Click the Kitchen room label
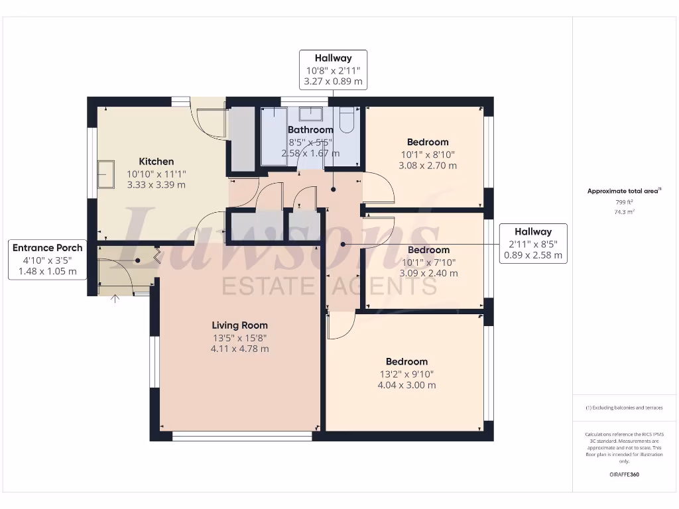click(156, 162)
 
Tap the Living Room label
click(240, 325)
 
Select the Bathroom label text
click(310, 130)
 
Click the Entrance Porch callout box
click(48, 259)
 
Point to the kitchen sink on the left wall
click(106, 174)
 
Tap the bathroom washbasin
click(311, 113)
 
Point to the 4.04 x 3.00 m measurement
click(406, 385)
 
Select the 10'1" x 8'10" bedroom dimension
click(428, 154)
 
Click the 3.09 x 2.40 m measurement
click(428, 273)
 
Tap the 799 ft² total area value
click(623, 202)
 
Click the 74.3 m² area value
click(623, 212)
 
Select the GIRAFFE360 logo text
click(623, 475)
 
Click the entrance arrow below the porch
click(116, 299)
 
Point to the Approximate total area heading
click(623, 191)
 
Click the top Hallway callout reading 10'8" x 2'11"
click(334, 70)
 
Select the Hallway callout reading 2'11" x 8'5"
click(533, 243)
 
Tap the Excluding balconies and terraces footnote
click(623, 408)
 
